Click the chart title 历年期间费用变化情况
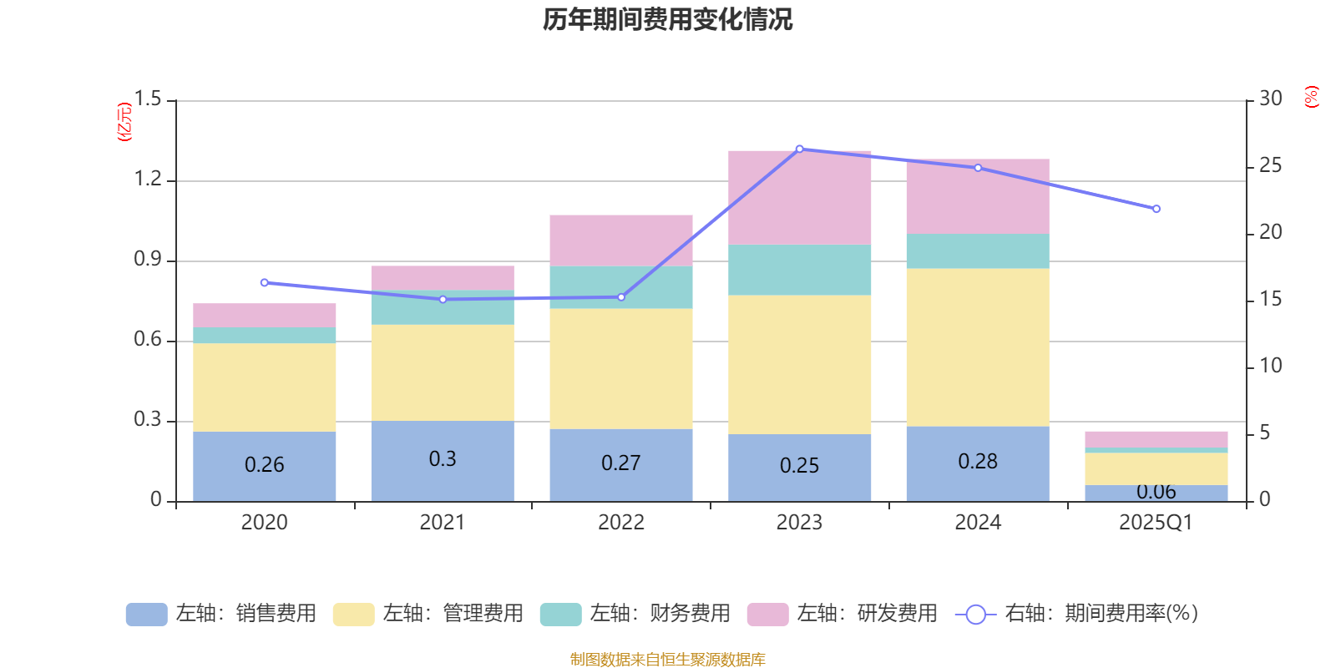[x=667, y=19]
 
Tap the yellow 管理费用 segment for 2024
[x=978, y=347]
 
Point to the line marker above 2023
[x=799, y=149]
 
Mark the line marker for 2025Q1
[x=1156, y=209]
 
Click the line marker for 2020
[x=265, y=282]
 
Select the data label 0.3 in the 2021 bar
[x=443, y=459]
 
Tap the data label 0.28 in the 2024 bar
[x=978, y=462]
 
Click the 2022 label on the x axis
[x=620, y=523]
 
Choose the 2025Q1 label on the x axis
[x=1156, y=523]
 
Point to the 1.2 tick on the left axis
[x=148, y=180]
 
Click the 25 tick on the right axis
[x=1270, y=166]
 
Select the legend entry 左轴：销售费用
[x=221, y=614]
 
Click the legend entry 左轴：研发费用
[x=843, y=614]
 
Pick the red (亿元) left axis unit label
[x=124, y=122]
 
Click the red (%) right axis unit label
[x=1312, y=97]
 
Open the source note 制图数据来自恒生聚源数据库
[x=667, y=660]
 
